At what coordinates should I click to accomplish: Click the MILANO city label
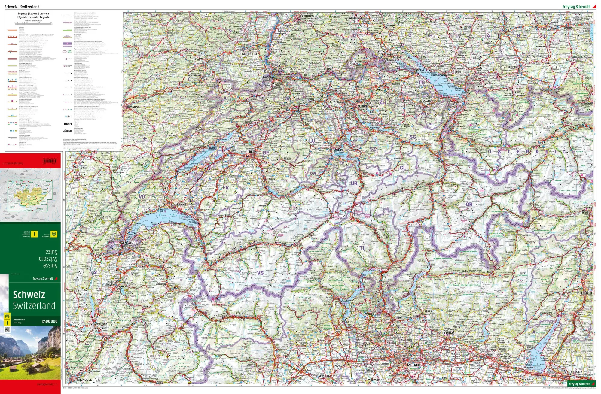tap(414, 365)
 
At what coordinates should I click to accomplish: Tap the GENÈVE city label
tap(126, 243)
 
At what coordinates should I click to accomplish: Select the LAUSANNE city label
tap(178, 205)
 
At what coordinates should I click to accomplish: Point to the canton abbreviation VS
tap(260, 273)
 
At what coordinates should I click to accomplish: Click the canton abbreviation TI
tap(362, 248)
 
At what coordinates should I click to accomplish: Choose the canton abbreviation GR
tap(469, 204)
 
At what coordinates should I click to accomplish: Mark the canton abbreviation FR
tap(226, 187)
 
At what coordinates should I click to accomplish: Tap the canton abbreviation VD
tap(142, 197)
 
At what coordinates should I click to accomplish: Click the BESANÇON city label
tap(134, 107)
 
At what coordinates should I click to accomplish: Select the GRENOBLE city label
tap(84, 380)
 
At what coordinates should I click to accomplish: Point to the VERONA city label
tap(576, 372)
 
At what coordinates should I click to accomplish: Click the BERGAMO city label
tap(449, 333)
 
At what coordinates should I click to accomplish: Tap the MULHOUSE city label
tap(250, 54)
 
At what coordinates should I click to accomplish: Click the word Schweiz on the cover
tap(29, 295)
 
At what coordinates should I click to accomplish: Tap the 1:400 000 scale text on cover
tap(49, 321)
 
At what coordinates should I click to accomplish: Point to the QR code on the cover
tap(7, 330)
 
